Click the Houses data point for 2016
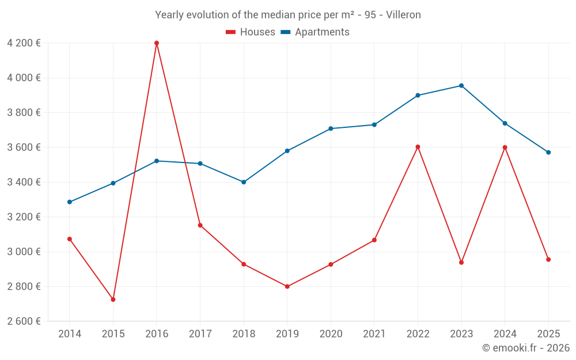tap(157, 43)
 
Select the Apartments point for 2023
tap(461, 86)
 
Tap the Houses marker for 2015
tap(113, 300)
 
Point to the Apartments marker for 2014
tap(70, 202)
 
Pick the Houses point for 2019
tap(287, 286)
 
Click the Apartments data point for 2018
tap(244, 182)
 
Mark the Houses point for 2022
tap(418, 147)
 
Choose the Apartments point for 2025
tap(548, 152)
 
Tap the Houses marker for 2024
tap(505, 147)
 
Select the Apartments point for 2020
tap(331, 128)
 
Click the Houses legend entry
tap(251, 32)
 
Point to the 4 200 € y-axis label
tap(24, 43)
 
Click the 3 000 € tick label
tap(24, 252)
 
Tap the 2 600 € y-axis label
tap(24, 321)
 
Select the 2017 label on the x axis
tap(200, 334)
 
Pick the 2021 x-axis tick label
tap(374, 334)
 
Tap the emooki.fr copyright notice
tap(525, 348)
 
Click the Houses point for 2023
tap(461, 263)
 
